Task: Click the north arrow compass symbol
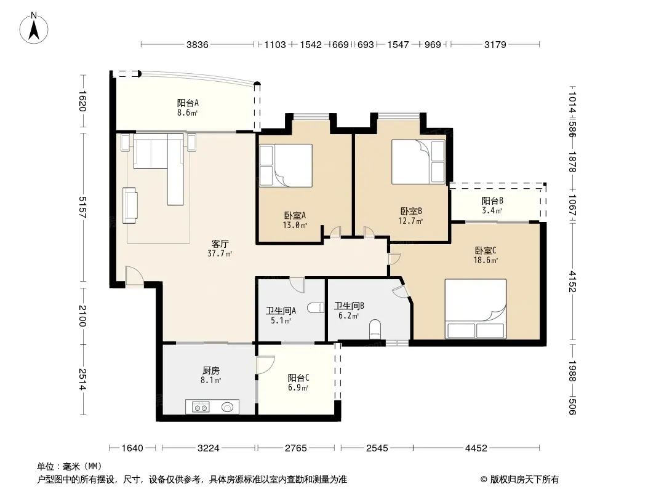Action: tap(34, 28)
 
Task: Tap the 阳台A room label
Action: tap(188, 103)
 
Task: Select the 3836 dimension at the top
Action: tap(197, 44)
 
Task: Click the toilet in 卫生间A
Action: tap(316, 307)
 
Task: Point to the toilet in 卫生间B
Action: tap(375, 330)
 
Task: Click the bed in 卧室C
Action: tap(475, 309)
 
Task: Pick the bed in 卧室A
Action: tap(286, 165)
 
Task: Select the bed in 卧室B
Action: tap(418, 162)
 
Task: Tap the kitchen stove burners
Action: tap(201, 407)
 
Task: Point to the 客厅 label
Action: tap(220, 244)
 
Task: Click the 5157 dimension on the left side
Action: tap(82, 207)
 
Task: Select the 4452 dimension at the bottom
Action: tap(476, 448)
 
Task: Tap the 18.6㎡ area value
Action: tap(486, 260)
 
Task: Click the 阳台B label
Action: tap(492, 201)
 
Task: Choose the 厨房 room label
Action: tap(211, 371)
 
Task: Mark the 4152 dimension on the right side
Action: tap(572, 282)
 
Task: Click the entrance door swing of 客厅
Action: tap(134, 276)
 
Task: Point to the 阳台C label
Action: tap(298, 378)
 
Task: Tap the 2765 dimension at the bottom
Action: tap(296, 448)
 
